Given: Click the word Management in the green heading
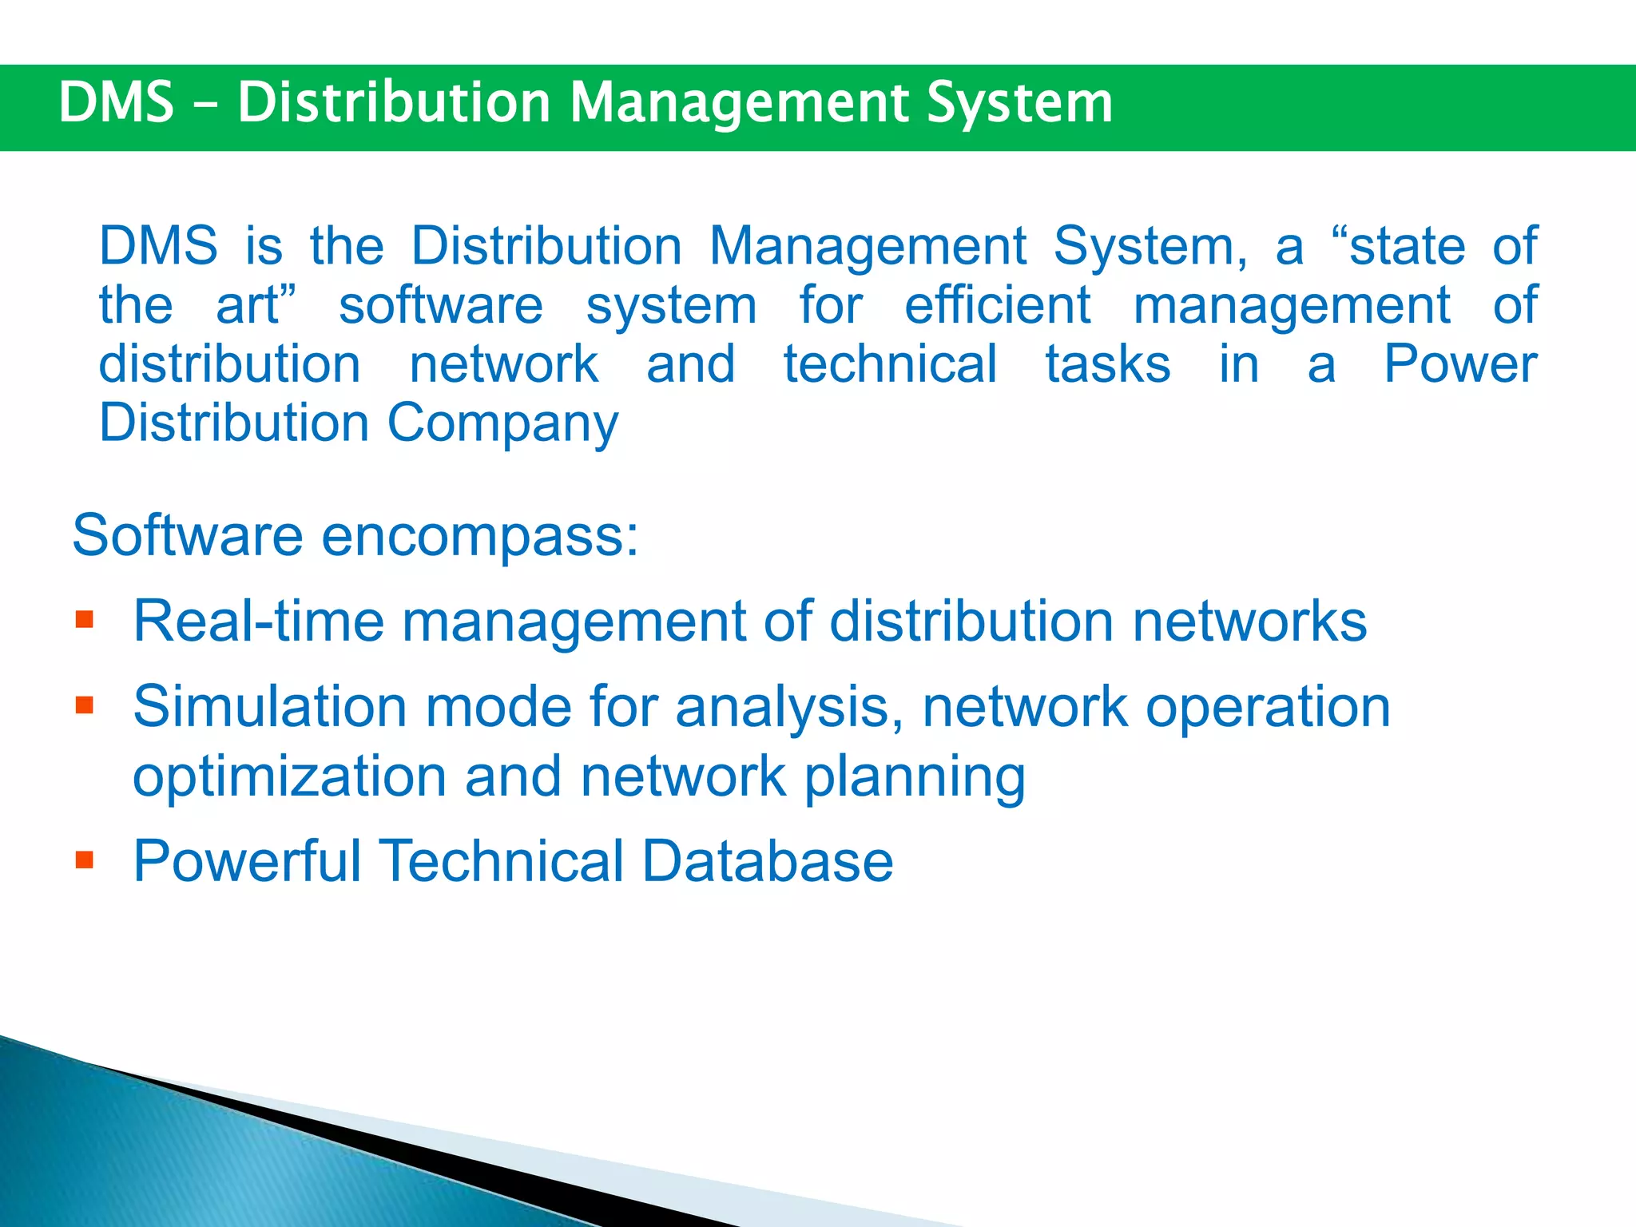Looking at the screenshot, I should (x=739, y=104).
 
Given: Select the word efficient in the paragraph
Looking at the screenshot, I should (x=997, y=305).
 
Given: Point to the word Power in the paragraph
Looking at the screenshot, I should (x=1459, y=364).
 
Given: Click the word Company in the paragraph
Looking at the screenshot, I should (x=502, y=423).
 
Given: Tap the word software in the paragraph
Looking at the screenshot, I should (x=440, y=305).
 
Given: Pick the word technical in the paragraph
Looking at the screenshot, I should (x=890, y=364).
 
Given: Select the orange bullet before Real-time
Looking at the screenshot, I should (x=85, y=620).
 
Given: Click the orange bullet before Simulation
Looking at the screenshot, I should (x=85, y=705).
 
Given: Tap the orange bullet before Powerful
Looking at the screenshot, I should (x=85, y=860).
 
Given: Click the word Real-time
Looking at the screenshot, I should (x=258, y=621).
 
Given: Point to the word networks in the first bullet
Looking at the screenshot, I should (x=1249, y=621).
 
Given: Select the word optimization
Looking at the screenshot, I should (x=289, y=776).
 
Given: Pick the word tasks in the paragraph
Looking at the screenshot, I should (x=1108, y=364).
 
